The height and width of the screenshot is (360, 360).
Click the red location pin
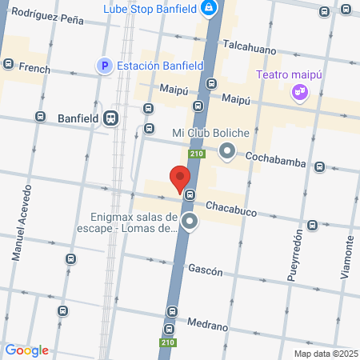click(180, 178)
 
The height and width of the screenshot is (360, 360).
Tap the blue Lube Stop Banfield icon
click(209, 9)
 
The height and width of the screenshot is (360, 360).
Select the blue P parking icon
click(104, 67)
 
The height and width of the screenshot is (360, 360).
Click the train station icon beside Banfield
click(110, 118)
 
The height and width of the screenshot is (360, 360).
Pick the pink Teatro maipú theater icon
click(300, 92)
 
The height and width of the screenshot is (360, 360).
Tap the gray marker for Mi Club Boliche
click(227, 150)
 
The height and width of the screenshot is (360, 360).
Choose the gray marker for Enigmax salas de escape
click(190, 222)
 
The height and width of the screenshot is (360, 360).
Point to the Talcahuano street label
click(250, 46)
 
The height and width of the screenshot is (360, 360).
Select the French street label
click(34, 69)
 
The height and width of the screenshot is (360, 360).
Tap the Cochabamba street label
click(276, 162)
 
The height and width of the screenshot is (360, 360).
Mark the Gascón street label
click(205, 270)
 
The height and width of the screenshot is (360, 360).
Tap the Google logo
click(26, 350)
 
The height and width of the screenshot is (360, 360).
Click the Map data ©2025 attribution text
click(326, 354)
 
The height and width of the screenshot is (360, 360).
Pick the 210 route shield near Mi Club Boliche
click(196, 154)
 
